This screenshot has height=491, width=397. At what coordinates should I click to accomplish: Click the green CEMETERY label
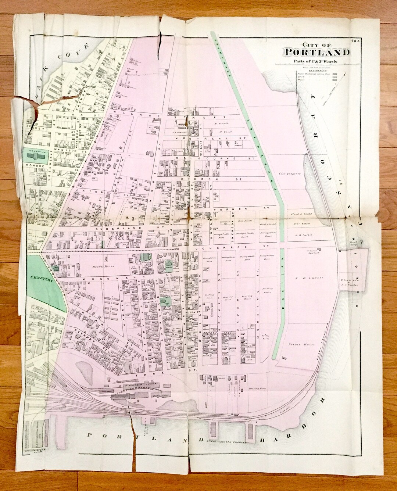(x=40, y=280)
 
